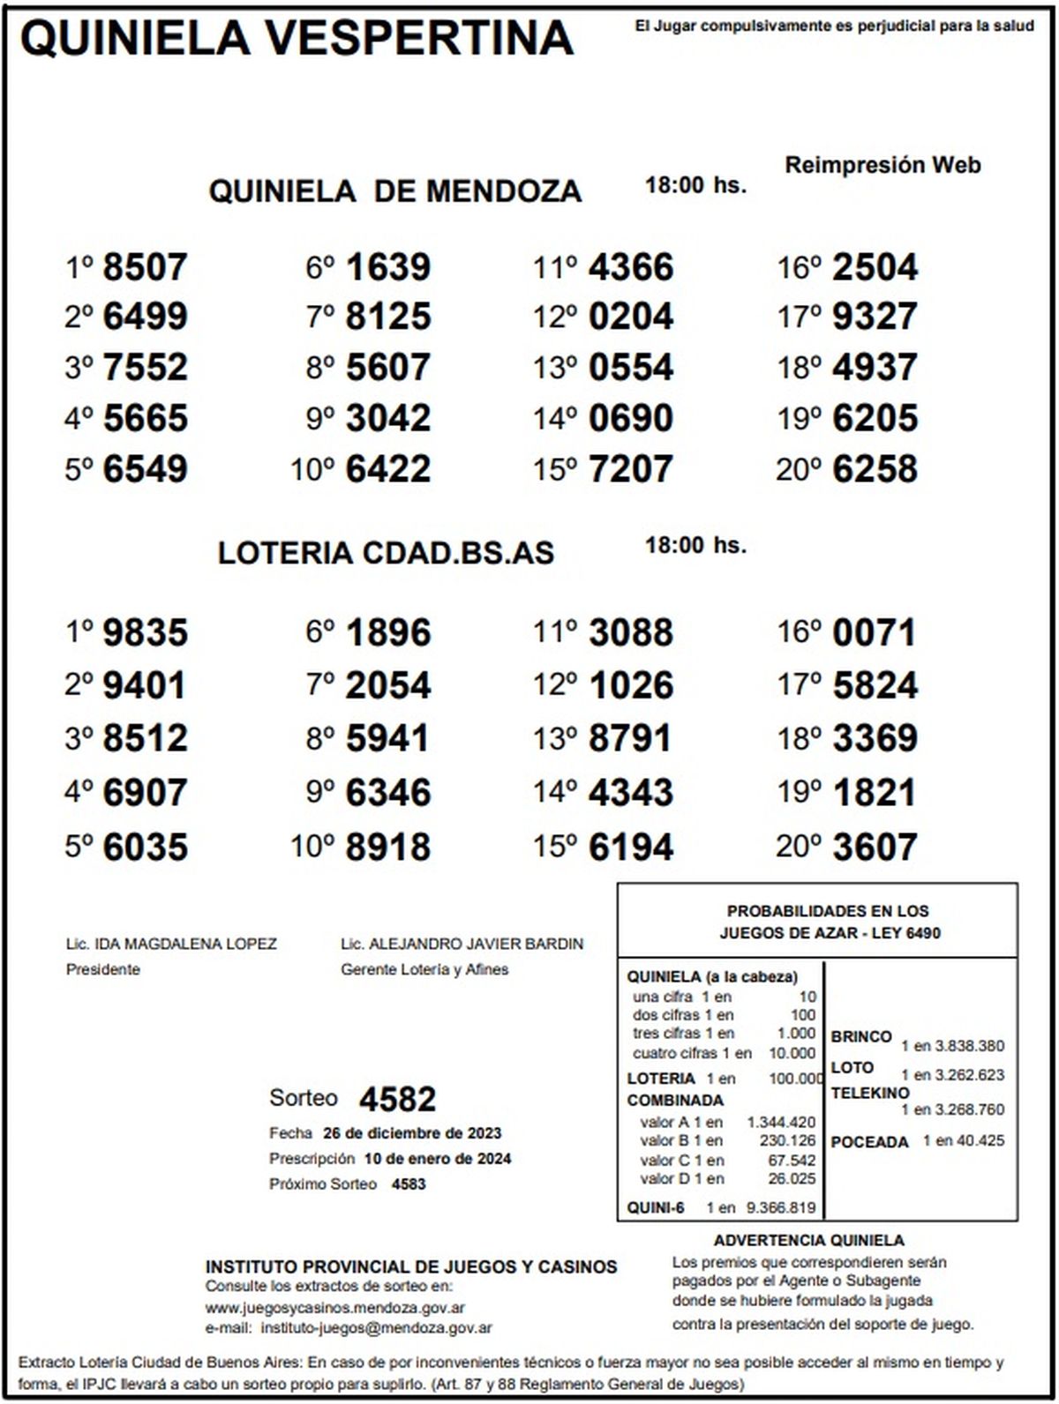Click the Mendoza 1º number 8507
(145, 267)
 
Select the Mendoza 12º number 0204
(631, 317)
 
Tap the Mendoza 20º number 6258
(875, 469)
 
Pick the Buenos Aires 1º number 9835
(145, 633)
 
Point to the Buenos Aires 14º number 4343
(631, 792)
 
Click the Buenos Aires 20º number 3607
(875, 848)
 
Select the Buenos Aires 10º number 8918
(388, 848)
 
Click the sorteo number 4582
(397, 1100)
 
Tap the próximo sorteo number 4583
(409, 1184)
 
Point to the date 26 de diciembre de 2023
(412, 1133)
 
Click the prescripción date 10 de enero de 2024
(437, 1158)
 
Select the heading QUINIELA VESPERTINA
(297, 39)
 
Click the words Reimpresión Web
(882, 165)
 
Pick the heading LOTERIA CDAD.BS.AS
(386, 553)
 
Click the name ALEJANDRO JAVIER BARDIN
(476, 944)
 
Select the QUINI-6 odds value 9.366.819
(780, 1207)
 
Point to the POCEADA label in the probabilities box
(869, 1142)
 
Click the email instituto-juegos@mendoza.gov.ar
(377, 1327)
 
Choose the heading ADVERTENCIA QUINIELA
(808, 1241)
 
